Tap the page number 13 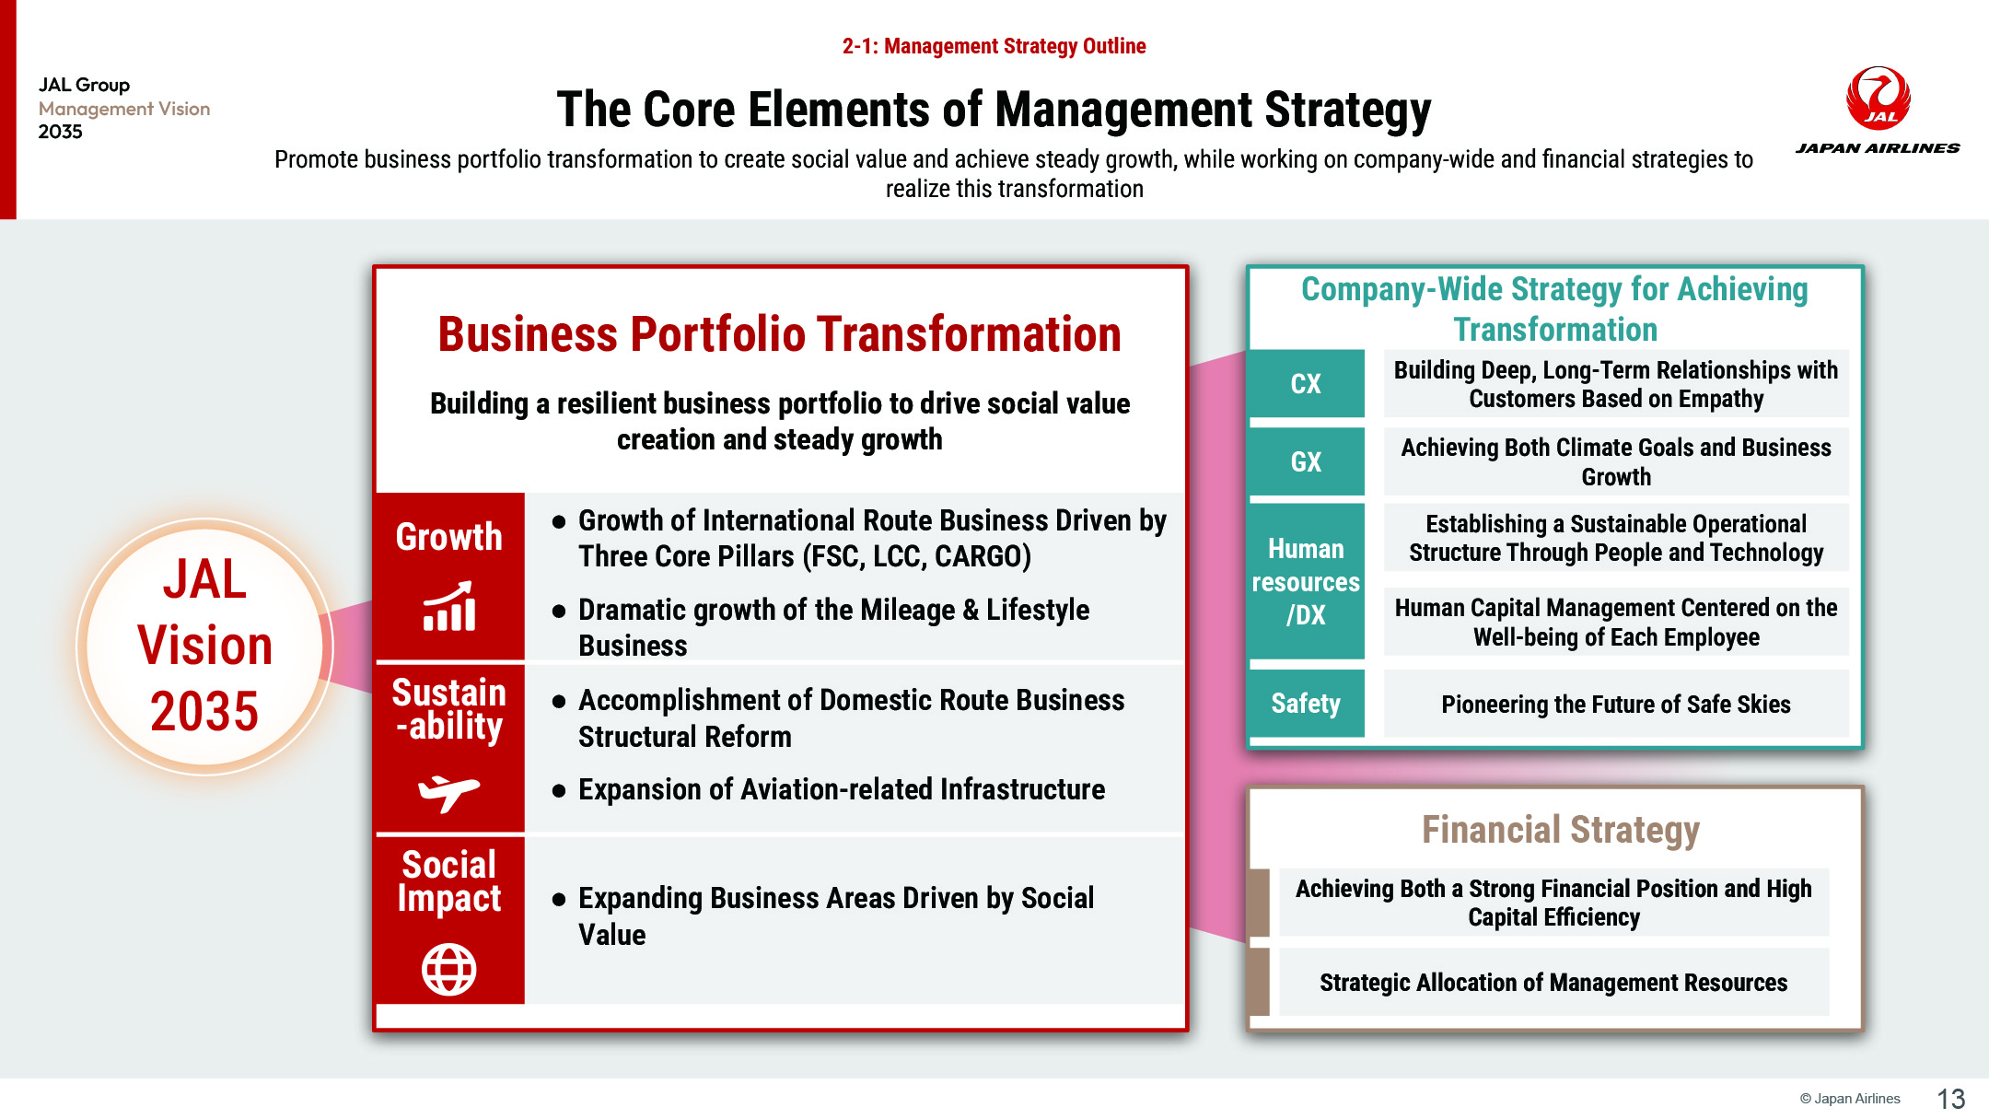1950,1099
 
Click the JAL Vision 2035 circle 204,647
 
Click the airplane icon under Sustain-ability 448,792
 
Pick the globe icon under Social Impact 448,969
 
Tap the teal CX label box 1306,383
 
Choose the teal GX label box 1306,461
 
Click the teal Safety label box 1306,704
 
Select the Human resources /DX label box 1306,581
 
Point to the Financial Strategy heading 1561,830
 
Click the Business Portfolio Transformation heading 779,333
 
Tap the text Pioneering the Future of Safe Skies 1616,705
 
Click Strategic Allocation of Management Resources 1553,983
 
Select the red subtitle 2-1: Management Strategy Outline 994,46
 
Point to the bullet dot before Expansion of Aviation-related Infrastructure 559,790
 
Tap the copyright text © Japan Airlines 1850,1099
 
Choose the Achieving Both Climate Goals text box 1616,461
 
